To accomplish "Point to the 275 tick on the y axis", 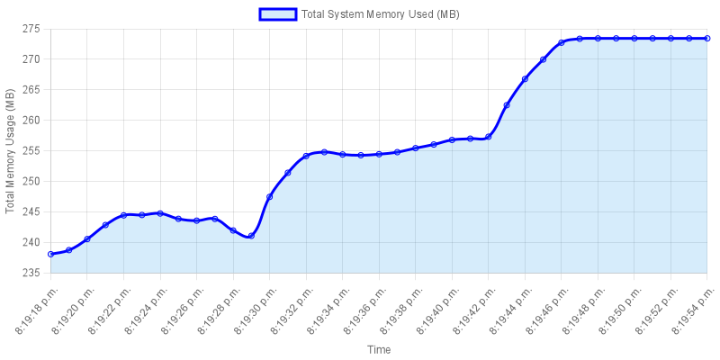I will (31, 29).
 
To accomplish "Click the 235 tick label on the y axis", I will (31, 274).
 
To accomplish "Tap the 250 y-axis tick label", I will (31, 182).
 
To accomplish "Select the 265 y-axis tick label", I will (31, 90).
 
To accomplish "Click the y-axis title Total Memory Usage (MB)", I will (11, 151).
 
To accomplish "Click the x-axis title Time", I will (379, 348).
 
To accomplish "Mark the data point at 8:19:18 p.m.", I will (51, 255).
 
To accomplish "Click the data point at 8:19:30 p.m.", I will (270, 197).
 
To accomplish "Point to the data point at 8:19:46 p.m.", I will (561, 42).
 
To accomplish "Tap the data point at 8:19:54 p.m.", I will (706, 39).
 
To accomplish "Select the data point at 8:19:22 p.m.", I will (124, 215).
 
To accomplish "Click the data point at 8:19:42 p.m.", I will (489, 137).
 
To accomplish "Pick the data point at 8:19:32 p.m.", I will (306, 156).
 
